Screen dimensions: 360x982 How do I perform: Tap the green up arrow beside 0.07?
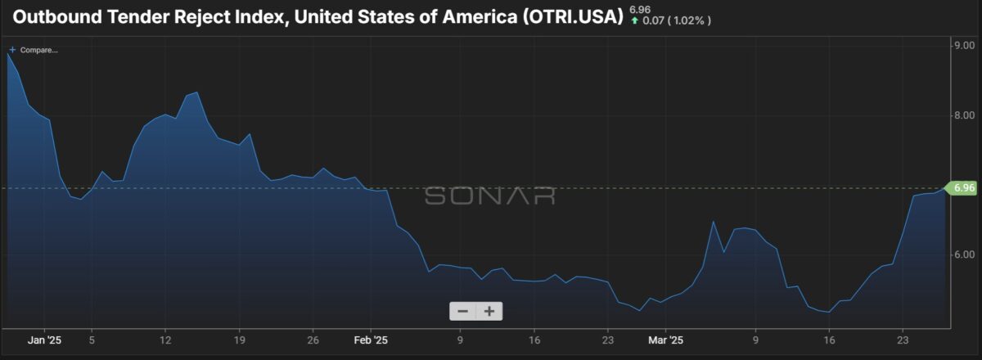[x=634, y=20]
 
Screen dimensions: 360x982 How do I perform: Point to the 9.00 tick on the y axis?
[x=965, y=45]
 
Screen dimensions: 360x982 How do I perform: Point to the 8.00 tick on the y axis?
[x=965, y=115]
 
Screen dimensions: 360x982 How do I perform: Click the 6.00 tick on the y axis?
[x=965, y=254]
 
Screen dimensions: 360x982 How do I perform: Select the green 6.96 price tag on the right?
[x=963, y=188]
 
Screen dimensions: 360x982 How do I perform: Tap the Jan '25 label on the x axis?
[x=44, y=340]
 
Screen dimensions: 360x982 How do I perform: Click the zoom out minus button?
[x=462, y=311]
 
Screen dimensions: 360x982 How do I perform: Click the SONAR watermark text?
[x=489, y=196]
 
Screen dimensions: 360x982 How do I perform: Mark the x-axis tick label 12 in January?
[x=165, y=340]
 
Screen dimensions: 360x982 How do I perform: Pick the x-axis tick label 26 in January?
[x=313, y=340]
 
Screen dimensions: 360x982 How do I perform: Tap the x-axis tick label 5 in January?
[x=92, y=340]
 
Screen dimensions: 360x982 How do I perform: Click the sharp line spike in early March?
[x=713, y=222]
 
